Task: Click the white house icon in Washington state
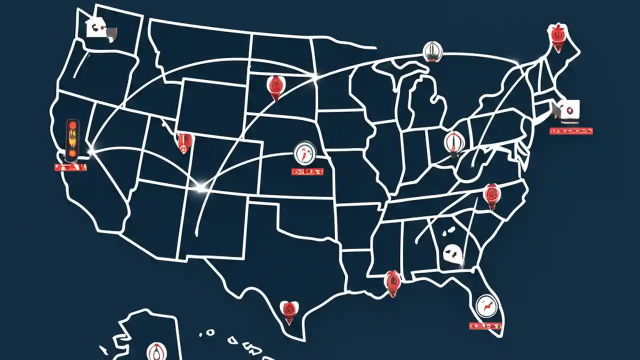(95, 26)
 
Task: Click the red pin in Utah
(185, 142)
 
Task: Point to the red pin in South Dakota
(274, 86)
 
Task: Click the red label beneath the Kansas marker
(307, 171)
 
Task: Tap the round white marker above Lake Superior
(432, 51)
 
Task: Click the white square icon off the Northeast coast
(569, 110)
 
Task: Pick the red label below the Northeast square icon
(571, 131)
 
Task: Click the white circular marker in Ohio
(453, 142)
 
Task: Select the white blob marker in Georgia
(451, 253)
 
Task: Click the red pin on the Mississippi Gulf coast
(392, 281)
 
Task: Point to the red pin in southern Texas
(289, 310)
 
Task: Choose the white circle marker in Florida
(484, 305)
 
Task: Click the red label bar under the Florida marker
(485, 326)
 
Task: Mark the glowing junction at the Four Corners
(200, 188)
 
